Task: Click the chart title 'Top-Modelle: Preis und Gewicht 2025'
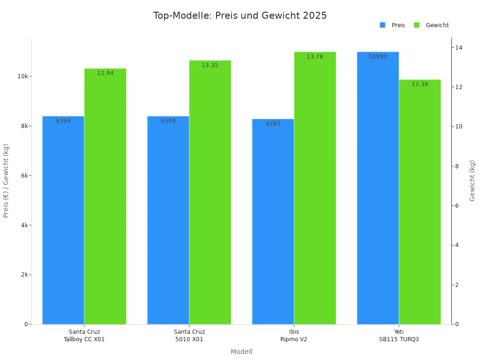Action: coord(240,15)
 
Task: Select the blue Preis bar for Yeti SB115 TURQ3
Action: coord(378,187)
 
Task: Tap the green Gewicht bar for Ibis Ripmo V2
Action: coord(315,187)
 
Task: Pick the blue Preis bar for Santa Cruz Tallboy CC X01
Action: coord(63,220)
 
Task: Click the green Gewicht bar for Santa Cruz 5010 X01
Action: coord(210,192)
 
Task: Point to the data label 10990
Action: coord(378,57)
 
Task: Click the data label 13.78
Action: coord(315,57)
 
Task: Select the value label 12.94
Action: coord(105,73)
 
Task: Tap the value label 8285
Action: coord(273,124)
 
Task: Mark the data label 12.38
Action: coord(420,84)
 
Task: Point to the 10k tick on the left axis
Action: coord(23,76)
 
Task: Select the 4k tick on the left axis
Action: coord(24,225)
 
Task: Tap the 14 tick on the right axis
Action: coord(458,47)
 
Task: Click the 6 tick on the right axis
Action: coord(457,206)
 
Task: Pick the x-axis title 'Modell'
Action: coord(241,352)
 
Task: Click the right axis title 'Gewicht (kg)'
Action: coord(472,180)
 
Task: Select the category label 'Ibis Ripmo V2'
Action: coord(294,336)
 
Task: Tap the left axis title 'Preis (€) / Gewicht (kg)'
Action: coord(6,180)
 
